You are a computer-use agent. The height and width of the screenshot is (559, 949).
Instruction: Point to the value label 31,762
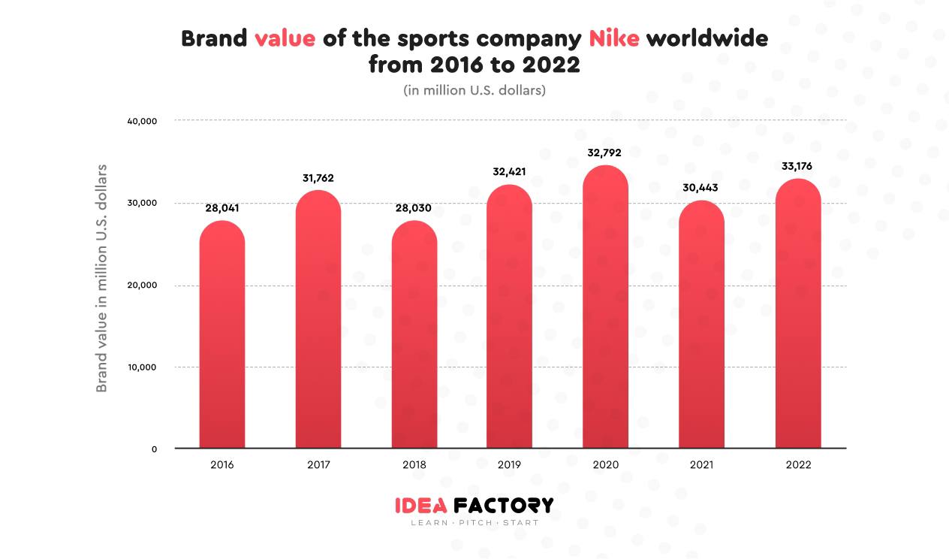pyautogui.click(x=318, y=179)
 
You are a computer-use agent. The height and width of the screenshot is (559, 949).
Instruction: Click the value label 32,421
pyautogui.click(x=509, y=171)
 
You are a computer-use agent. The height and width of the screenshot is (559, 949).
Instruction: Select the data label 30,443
pyautogui.click(x=701, y=188)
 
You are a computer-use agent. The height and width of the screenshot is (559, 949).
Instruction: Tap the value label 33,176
pyautogui.click(x=797, y=166)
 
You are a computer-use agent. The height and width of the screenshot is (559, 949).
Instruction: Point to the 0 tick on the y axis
pyautogui.click(x=154, y=449)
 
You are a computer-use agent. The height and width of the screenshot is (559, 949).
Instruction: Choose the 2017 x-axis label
pyautogui.click(x=318, y=465)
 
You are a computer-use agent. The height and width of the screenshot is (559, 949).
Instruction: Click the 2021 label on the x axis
pyautogui.click(x=701, y=465)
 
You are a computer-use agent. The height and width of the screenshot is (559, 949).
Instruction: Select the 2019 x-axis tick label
pyautogui.click(x=509, y=465)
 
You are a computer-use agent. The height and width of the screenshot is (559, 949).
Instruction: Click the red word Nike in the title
pyautogui.click(x=613, y=39)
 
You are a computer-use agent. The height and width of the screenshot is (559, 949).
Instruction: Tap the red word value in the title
pyautogui.click(x=285, y=39)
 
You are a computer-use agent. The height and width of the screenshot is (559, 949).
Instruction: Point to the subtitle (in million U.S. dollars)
pyautogui.click(x=474, y=90)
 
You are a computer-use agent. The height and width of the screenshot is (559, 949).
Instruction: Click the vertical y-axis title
pyautogui.click(x=102, y=278)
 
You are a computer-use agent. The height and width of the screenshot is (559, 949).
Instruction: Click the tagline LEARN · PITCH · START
pyautogui.click(x=474, y=523)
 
